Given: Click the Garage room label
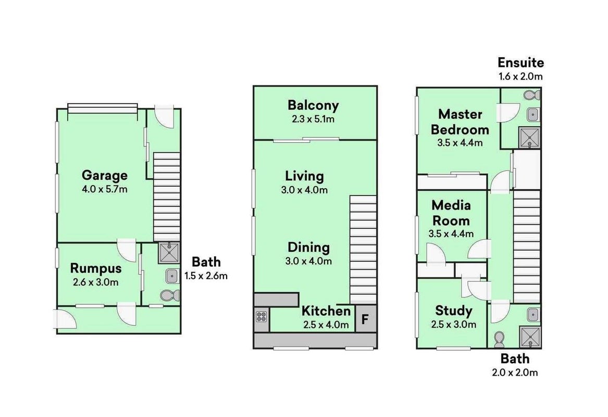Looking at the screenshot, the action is (105, 175).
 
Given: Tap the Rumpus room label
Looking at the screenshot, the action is (96, 268).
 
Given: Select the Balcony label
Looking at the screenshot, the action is (313, 105).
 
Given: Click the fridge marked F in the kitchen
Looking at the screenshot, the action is (365, 319).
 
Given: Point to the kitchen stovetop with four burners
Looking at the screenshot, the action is (262, 316).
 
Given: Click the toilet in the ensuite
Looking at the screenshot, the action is (531, 94).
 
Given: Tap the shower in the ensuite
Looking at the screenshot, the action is (529, 137).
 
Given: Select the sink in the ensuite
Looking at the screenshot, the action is (533, 115).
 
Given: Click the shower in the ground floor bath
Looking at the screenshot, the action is (169, 253).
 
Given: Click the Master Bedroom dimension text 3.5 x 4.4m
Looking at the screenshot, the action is (460, 143).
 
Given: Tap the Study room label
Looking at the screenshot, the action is (454, 311).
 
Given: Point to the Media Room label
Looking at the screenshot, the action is (451, 213).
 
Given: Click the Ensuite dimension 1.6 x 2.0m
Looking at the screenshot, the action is (520, 77).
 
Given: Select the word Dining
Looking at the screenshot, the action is (308, 248).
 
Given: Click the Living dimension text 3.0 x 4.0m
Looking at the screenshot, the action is (304, 190).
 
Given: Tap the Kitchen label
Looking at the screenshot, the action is (326, 311).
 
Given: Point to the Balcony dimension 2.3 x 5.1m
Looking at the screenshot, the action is (313, 119).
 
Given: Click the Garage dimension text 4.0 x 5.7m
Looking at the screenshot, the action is (105, 190).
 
